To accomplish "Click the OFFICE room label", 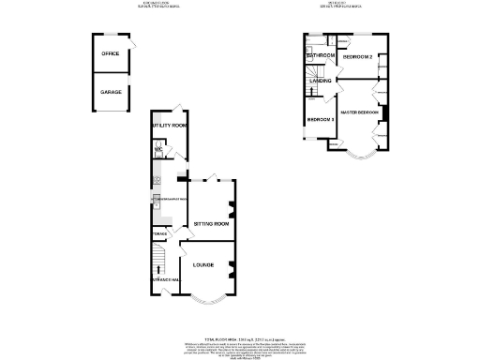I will tap(111, 53).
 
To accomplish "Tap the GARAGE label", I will tap(111, 92).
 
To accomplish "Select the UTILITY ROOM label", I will tap(170, 125).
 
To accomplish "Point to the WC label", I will tap(158, 149).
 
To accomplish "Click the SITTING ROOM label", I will tap(211, 224).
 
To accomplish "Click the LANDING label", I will tap(322, 82).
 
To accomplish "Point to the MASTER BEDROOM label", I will tap(359, 112).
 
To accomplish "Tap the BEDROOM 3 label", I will tap(321, 119).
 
